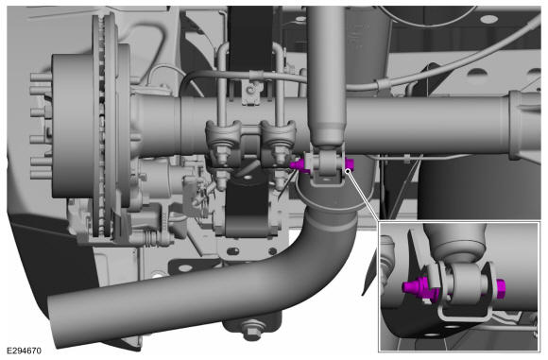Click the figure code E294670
tap(25, 351)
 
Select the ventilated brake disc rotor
tap(105, 126)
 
